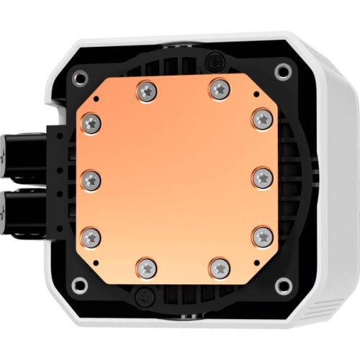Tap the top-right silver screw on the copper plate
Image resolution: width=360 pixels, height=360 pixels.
pyautogui.click(x=219, y=89)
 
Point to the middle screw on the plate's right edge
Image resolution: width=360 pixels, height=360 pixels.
pyautogui.click(x=262, y=178)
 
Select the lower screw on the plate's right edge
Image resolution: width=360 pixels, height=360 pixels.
pyautogui.click(x=263, y=235)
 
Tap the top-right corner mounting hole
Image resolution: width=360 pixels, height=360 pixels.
pyautogui.click(x=284, y=71)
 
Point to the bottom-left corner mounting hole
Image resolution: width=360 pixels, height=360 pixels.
pyautogui.click(x=79, y=284)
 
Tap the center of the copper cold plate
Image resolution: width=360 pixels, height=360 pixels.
pyautogui.click(x=177, y=179)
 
